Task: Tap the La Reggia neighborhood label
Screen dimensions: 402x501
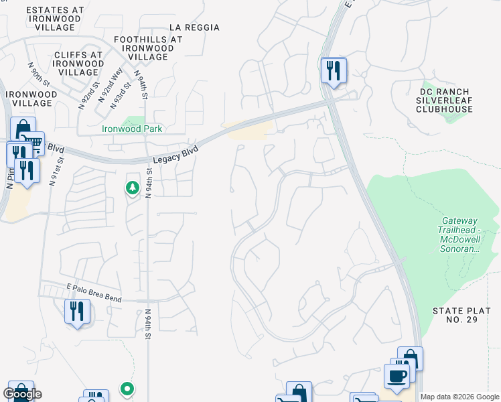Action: tap(194, 27)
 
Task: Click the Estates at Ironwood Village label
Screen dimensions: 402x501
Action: tap(55, 19)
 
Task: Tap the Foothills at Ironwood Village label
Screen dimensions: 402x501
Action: tap(148, 48)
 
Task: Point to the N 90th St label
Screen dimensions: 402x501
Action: tap(40, 74)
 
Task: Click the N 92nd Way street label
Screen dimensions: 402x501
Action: tap(110, 85)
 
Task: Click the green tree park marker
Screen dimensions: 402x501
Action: tap(133, 188)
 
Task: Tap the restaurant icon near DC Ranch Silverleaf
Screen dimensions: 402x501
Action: tap(333, 70)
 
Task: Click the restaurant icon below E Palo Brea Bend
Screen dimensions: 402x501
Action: tap(76, 312)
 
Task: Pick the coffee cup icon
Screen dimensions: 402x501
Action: tap(396, 376)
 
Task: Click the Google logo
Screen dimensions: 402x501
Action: tap(22, 394)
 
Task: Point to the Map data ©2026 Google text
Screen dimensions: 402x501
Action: tap(459, 397)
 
